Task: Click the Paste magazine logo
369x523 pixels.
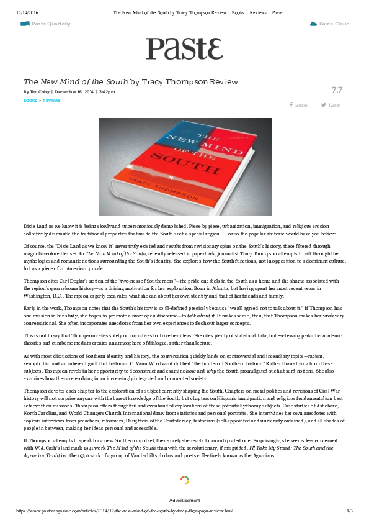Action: pos(184,48)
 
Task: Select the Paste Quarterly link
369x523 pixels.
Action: pos(50,24)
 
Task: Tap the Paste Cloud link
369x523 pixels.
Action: pos(334,24)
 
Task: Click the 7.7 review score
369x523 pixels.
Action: pos(337,90)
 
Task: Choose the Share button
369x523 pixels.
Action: pos(299,105)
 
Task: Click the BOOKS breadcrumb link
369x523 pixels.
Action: pos(30,100)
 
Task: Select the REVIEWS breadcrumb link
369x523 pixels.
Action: pos(51,100)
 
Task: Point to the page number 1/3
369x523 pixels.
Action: pos(349,511)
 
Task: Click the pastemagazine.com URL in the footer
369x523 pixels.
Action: pos(124,511)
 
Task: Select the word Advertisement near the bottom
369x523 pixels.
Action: pos(184,500)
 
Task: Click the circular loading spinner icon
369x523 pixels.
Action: pos(184,480)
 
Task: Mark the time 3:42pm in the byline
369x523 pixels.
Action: pos(107,92)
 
